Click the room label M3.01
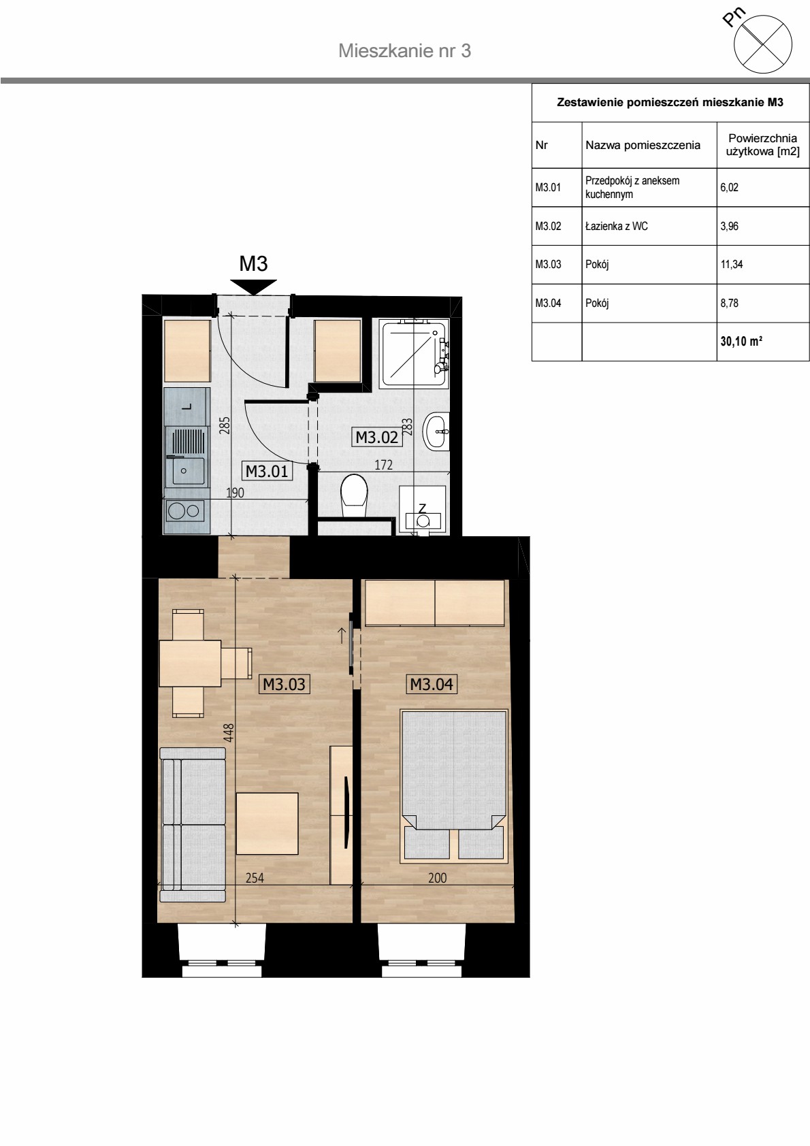[267, 471]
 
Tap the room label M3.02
[376, 438]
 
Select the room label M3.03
[284, 684]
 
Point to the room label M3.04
[432, 684]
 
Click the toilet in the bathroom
[354, 495]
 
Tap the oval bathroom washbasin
[436, 431]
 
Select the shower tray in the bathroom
[415, 353]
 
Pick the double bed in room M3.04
[455, 786]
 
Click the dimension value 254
[255, 878]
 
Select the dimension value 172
[383, 465]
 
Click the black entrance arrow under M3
[253, 287]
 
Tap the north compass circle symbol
[763, 44]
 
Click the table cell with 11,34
[763, 265]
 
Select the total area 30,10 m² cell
[763, 341]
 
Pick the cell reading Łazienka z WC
[649, 226]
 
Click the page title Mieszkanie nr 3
[405, 50]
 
